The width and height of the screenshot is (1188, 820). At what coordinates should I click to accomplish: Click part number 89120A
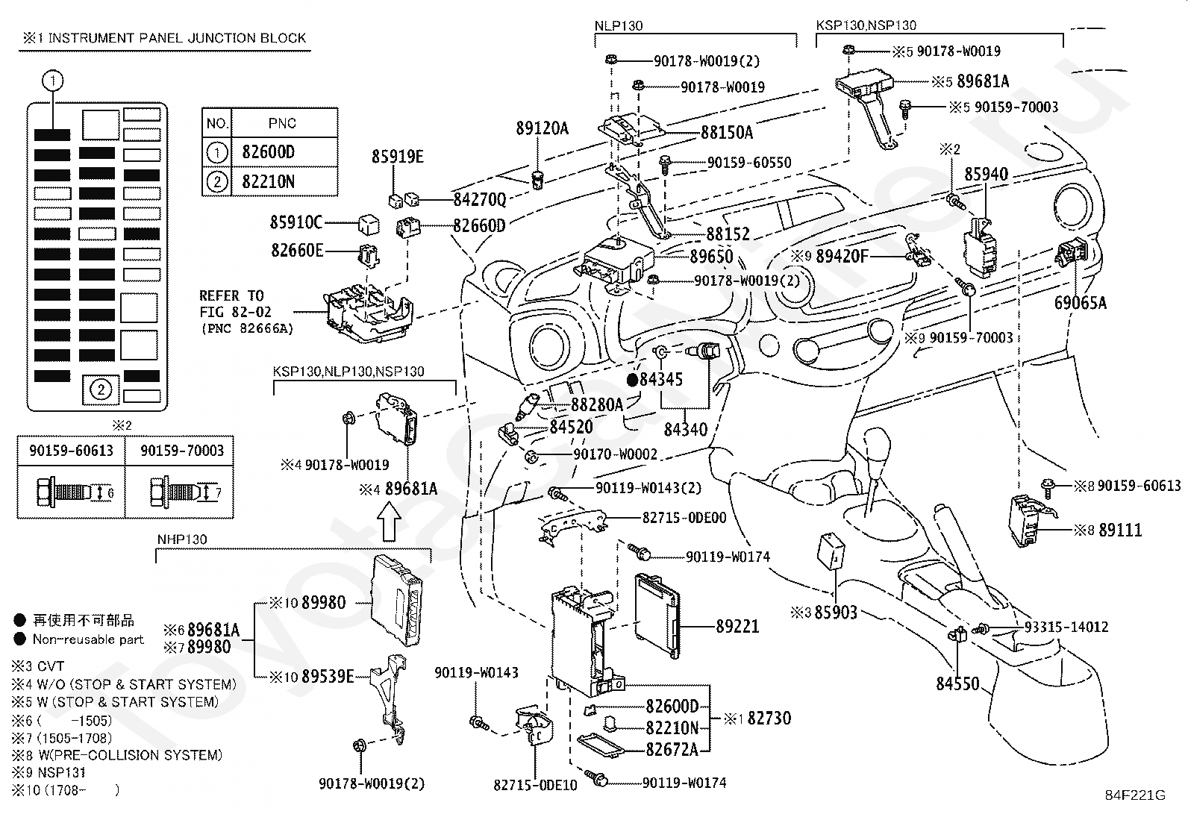tap(542, 128)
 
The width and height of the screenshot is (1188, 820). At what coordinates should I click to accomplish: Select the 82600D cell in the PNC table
tap(284, 152)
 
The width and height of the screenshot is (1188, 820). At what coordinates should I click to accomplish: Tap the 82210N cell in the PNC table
tap(284, 182)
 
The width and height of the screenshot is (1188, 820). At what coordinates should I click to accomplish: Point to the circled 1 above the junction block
tap(52, 81)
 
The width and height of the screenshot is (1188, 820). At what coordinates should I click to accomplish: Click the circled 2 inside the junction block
tap(101, 389)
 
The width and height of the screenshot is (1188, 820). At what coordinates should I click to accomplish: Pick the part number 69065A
tap(1081, 303)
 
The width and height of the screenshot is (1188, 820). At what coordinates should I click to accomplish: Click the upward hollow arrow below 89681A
tap(389, 522)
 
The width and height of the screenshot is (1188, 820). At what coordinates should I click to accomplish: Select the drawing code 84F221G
tap(1136, 795)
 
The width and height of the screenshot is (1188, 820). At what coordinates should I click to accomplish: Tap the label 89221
tap(737, 627)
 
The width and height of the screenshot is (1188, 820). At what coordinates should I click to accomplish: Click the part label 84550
tap(957, 683)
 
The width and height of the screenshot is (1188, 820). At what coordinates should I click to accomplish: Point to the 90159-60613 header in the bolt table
tap(71, 451)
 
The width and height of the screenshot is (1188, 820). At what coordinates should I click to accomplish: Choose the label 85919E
tap(397, 157)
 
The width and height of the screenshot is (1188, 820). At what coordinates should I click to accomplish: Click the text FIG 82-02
tap(235, 312)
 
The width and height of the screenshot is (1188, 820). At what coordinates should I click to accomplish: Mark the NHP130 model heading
tap(182, 539)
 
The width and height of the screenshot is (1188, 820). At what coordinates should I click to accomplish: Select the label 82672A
tap(672, 749)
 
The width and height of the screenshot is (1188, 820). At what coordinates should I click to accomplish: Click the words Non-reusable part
tap(88, 639)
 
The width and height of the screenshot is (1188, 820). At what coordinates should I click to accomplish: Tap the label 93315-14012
tap(1066, 627)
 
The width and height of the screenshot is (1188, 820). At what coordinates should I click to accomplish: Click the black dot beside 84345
tap(632, 380)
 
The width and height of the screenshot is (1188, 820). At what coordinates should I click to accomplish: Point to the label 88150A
tap(727, 133)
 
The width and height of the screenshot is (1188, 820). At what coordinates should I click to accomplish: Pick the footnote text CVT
tap(51, 666)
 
